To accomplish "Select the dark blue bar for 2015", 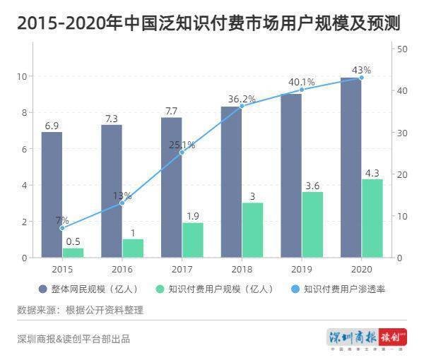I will [52, 195].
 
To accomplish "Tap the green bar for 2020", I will [372, 218].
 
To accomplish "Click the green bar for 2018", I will [252, 230].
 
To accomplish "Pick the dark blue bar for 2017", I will [171, 187].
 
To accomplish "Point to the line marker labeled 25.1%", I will [182, 152].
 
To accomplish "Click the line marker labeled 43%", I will [361, 78].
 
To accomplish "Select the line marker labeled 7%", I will [62, 228].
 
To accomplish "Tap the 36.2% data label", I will [242, 99].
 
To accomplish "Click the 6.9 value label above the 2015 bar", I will [52, 126].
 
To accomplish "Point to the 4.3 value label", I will [372, 172].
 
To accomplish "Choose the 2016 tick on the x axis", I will [122, 269].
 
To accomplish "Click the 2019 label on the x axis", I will [301, 269].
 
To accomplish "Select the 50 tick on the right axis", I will [402, 49].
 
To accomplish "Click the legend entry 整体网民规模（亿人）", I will [88, 289].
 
